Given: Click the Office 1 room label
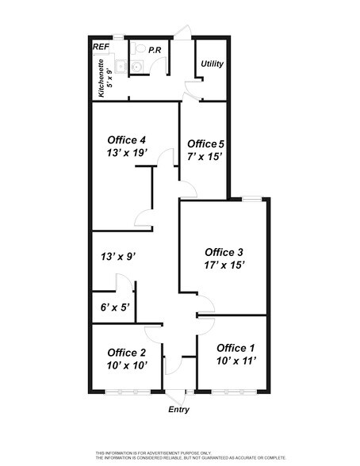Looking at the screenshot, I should tap(236, 348).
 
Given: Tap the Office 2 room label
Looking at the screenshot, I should tap(126, 353).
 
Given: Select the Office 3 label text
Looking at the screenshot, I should tap(223, 252).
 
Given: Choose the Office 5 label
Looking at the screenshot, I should tap(205, 143).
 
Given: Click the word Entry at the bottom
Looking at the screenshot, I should tap(180, 410).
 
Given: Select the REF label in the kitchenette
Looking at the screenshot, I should tap(101, 48).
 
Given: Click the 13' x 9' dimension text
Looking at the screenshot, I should tap(120, 256).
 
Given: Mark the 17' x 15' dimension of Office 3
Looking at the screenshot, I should tap(223, 265).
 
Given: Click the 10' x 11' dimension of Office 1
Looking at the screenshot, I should tap(236, 361).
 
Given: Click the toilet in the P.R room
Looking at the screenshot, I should tap(139, 49).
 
